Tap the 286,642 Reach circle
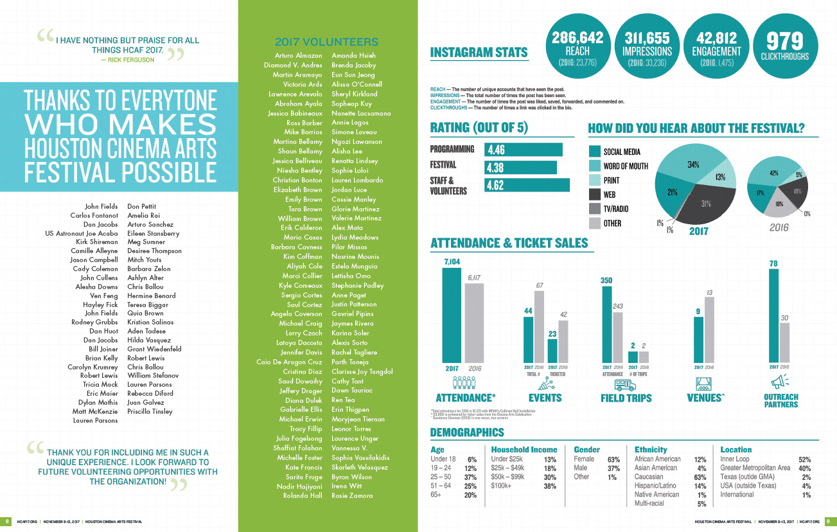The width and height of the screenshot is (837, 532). pos(577,46)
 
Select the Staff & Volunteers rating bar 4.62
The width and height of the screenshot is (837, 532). pos(527,185)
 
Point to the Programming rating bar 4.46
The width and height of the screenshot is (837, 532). pos(523,150)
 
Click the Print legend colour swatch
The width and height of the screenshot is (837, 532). pos(594,181)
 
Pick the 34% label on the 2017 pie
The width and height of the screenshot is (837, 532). pos(693,164)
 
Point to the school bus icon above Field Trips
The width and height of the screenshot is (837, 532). pos(625,384)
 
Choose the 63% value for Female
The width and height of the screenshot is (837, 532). pos(613,460)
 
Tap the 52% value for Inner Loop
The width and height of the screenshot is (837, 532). pos(804,460)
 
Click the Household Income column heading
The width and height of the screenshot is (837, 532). pos(524,449)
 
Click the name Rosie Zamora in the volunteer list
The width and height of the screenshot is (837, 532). pos(352,496)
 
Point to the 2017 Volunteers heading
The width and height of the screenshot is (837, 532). pos(317,42)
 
